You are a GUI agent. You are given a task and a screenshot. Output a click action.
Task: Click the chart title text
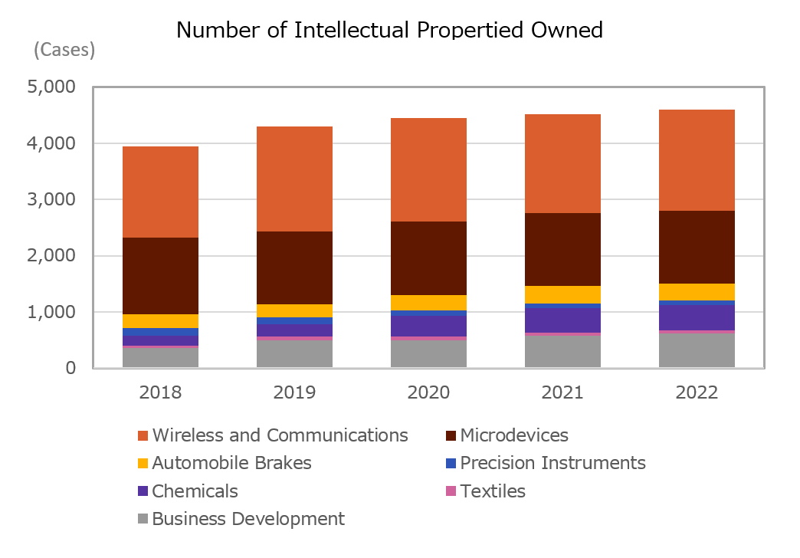click(x=389, y=30)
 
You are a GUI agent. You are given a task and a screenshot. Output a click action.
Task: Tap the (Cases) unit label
click(x=64, y=51)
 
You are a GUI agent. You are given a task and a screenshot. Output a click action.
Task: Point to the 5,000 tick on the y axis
click(x=51, y=87)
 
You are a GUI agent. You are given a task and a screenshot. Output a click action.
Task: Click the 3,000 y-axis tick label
click(x=51, y=200)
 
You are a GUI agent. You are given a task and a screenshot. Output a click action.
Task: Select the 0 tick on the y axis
click(x=70, y=369)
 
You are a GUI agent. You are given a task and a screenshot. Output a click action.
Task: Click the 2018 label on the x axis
click(x=160, y=392)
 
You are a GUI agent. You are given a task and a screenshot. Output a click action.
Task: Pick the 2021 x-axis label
click(x=562, y=392)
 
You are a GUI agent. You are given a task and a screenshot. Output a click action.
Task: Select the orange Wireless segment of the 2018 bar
click(x=160, y=192)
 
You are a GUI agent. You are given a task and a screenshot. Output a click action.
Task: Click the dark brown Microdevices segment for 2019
click(x=294, y=268)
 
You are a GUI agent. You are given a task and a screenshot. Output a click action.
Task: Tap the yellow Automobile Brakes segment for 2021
click(x=562, y=294)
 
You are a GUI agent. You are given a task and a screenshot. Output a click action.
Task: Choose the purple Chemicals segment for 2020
click(x=428, y=326)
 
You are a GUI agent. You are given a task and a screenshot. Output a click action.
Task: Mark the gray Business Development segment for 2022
click(x=697, y=350)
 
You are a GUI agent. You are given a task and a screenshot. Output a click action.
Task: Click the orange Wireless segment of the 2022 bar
click(x=697, y=160)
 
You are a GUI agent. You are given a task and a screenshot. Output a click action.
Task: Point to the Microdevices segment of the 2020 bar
click(x=428, y=258)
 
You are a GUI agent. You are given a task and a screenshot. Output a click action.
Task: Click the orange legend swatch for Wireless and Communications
click(x=143, y=436)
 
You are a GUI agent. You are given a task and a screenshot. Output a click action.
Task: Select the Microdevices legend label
click(x=514, y=435)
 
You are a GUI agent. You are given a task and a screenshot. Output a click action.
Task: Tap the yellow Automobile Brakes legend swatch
click(x=143, y=464)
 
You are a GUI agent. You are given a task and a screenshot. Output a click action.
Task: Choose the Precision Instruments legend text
click(x=552, y=463)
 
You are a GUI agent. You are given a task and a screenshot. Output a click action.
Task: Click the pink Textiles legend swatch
click(x=451, y=491)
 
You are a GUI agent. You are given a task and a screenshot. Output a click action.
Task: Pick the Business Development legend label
click(x=248, y=519)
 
